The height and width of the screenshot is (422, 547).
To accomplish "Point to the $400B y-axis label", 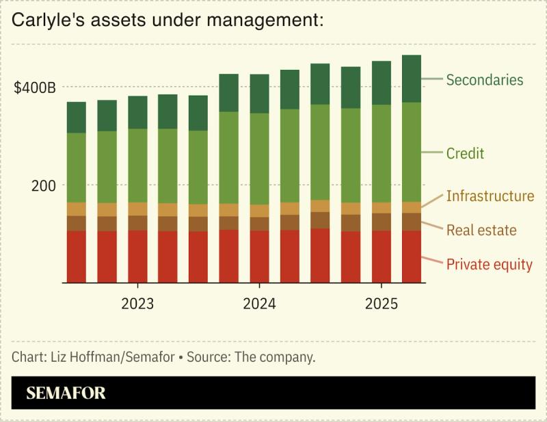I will [x=34, y=88].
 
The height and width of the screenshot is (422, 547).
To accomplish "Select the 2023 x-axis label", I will [x=137, y=304].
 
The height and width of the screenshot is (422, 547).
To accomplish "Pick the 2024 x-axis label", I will [x=259, y=304].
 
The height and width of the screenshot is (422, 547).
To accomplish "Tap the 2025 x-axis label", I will [x=381, y=304].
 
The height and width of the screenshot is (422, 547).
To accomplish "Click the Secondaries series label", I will [x=484, y=80].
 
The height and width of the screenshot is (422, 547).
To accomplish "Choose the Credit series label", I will [x=465, y=153].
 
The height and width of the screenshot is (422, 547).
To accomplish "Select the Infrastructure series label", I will [x=490, y=196].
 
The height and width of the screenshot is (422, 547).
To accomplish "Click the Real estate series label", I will [x=481, y=230].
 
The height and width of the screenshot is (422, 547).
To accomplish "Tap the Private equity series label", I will [x=489, y=265].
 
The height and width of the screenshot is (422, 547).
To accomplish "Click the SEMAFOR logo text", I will [x=66, y=393].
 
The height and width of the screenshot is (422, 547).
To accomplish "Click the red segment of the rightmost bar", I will [x=411, y=256].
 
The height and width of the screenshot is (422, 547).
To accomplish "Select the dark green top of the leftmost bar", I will [x=76, y=117].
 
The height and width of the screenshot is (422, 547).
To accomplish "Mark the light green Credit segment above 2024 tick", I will [x=259, y=159].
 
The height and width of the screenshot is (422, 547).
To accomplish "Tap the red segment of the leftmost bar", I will [x=76, y=256].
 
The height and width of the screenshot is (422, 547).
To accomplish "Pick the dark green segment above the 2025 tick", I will [x=381, y=83].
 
